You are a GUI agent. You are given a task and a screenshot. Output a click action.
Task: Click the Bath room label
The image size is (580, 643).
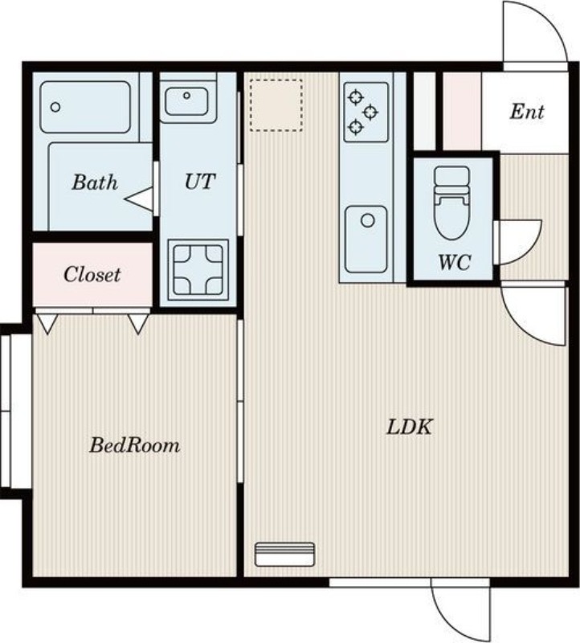[95, 182]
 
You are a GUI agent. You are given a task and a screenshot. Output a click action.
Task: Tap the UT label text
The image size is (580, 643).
[199, 182]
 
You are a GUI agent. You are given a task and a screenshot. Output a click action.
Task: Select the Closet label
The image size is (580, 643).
[92, 274]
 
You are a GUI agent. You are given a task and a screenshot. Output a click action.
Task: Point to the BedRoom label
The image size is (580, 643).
[135, 445]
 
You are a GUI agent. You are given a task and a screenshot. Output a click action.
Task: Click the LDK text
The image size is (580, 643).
[410, 427]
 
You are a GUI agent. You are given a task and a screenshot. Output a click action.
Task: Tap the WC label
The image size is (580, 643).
[455, 263]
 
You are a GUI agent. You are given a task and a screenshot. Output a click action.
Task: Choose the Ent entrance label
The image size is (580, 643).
[527, 112]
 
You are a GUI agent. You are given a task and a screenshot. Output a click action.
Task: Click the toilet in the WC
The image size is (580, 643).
[451, 203]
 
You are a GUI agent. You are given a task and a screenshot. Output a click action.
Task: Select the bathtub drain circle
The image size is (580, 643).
[55, 108]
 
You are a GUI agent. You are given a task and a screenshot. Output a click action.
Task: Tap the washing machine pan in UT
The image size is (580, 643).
[198, 270]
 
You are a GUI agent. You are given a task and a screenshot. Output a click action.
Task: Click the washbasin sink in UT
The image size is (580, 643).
[186, 101]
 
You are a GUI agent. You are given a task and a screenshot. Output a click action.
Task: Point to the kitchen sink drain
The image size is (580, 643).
[368, 220]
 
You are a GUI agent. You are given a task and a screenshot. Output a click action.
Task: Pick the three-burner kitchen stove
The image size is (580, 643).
[366, 112]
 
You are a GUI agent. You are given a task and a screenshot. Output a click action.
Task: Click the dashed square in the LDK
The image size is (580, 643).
[276, 105]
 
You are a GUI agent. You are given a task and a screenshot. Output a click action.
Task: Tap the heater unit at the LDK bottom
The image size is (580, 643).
[285, 555]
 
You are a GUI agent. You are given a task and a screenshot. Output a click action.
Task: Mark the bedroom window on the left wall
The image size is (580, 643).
[6, 412]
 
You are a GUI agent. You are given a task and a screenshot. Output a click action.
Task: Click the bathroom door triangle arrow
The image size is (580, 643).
[138, 199]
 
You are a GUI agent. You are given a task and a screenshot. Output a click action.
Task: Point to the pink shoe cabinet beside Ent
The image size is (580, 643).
[462, 112]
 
